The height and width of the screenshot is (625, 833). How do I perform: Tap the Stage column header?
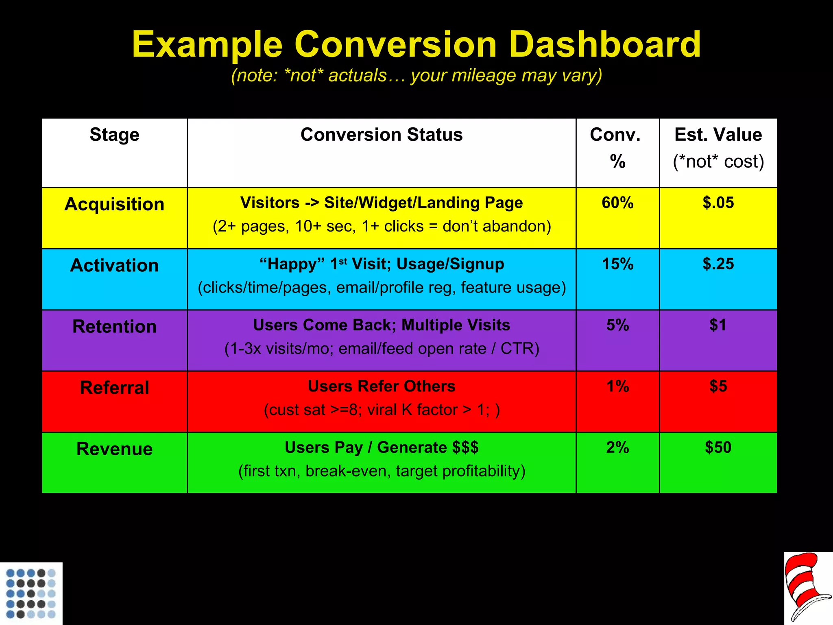point(114,135)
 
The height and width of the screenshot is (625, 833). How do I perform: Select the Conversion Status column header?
point(382,135)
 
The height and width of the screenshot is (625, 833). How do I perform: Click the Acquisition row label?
point(114,204)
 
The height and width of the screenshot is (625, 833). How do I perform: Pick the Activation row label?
point(114,265)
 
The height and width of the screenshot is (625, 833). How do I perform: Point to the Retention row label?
point(114,326)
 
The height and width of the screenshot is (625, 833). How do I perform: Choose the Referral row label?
point(114,387)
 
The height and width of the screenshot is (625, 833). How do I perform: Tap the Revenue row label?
point(114,449)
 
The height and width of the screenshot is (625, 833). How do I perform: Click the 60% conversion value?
point(617,203)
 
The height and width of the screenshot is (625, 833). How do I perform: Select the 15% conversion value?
point(617,264)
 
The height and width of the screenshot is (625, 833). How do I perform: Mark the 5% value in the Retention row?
point(617,325)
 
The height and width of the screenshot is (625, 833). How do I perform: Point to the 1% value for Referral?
point(617,386)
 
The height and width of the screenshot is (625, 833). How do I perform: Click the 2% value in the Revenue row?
point(617,448)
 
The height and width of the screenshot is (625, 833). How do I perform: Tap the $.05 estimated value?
point(718,203)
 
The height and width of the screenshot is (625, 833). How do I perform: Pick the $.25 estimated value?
point(718,264)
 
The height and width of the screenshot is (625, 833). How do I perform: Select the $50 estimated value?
point(718,448)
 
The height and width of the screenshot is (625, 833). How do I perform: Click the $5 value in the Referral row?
point(718,386)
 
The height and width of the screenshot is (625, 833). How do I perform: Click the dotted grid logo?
point(31,593)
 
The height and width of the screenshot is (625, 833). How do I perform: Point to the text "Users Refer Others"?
point(382,386)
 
